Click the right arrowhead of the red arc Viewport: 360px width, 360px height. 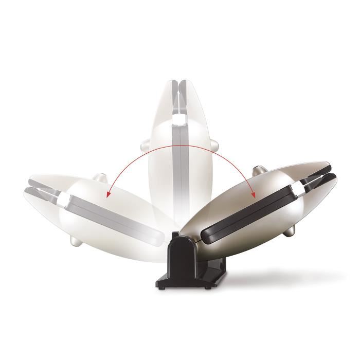click(253, 195)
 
